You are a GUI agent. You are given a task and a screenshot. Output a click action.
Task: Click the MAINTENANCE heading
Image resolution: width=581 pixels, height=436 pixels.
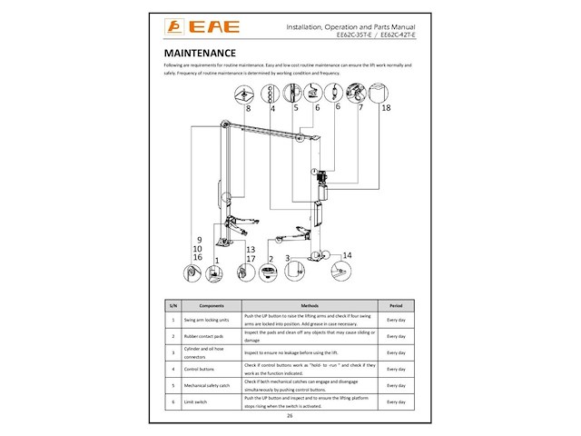(x=200, y=54)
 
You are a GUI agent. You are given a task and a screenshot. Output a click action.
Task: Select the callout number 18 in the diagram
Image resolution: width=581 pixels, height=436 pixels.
(x=386, y=108)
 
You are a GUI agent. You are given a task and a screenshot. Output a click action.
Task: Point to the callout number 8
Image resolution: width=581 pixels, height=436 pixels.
(x=247, y=108)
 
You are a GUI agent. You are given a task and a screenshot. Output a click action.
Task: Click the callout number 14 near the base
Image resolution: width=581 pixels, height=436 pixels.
(x=346, y=254)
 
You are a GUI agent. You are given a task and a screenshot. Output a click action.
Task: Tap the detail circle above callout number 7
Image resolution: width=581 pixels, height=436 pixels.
(x=356, y=91)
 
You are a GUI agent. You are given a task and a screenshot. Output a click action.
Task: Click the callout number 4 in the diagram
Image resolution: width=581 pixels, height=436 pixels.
(x=272, y=108)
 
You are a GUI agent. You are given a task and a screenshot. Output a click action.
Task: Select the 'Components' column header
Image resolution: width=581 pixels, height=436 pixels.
(x=211, y=306)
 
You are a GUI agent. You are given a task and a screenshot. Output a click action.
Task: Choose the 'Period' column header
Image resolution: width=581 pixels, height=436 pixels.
(x=396, y=306)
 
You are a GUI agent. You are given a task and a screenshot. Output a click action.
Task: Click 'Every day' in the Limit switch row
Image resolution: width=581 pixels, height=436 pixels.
(x=396, y=401)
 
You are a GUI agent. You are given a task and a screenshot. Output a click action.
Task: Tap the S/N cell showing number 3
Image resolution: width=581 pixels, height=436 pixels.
(x=172, y=352)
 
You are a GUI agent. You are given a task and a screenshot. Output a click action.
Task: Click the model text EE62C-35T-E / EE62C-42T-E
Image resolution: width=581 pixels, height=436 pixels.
(x=374, y=35)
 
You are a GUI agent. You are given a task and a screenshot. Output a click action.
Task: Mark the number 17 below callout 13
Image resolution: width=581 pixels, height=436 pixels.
(x=251, y=259)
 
